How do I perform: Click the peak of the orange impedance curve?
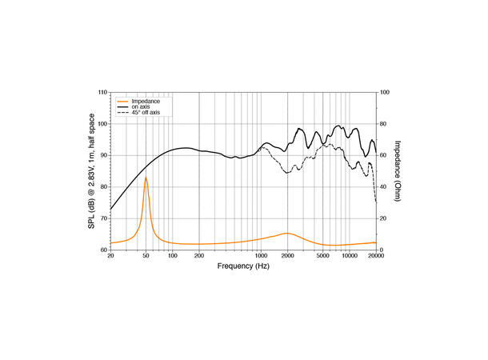coord(146,178)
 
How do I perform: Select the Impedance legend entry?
coord(146,101)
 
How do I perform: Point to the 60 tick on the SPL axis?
coord(102,250)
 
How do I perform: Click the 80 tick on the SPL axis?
coord(102,187)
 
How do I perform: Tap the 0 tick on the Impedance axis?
coord(382,250)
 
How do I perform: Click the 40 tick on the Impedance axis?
coord(384,187)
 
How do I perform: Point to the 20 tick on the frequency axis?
coord(110,257)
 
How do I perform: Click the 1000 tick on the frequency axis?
coord(261,257)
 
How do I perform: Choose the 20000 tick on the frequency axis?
coord(375,257)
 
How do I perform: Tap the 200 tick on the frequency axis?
coord(198,257)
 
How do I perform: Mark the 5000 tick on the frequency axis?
coord(323,257)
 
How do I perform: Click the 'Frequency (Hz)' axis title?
coord(243,266)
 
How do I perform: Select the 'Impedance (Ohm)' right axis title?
coord(398,171)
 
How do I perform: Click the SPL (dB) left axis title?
coord(92,171)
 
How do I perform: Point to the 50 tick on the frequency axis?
coord(146,257)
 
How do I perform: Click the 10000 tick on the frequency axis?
coord(349,257)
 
